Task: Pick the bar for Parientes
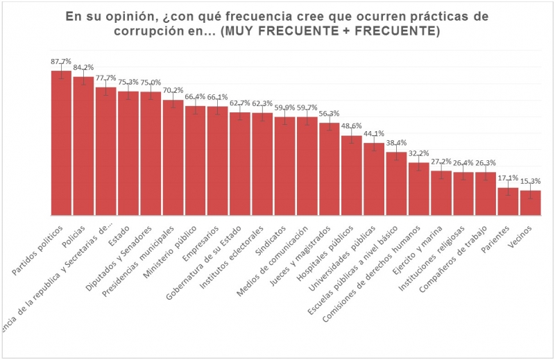tap(509, 201)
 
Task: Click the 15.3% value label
tap(531, 181)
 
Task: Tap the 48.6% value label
tap(352, 126)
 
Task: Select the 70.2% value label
tap(173, 90)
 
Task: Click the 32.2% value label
tap(419, 153)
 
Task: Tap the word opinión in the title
tap(137, 15)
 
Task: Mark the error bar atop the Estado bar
tap(128, 92)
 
